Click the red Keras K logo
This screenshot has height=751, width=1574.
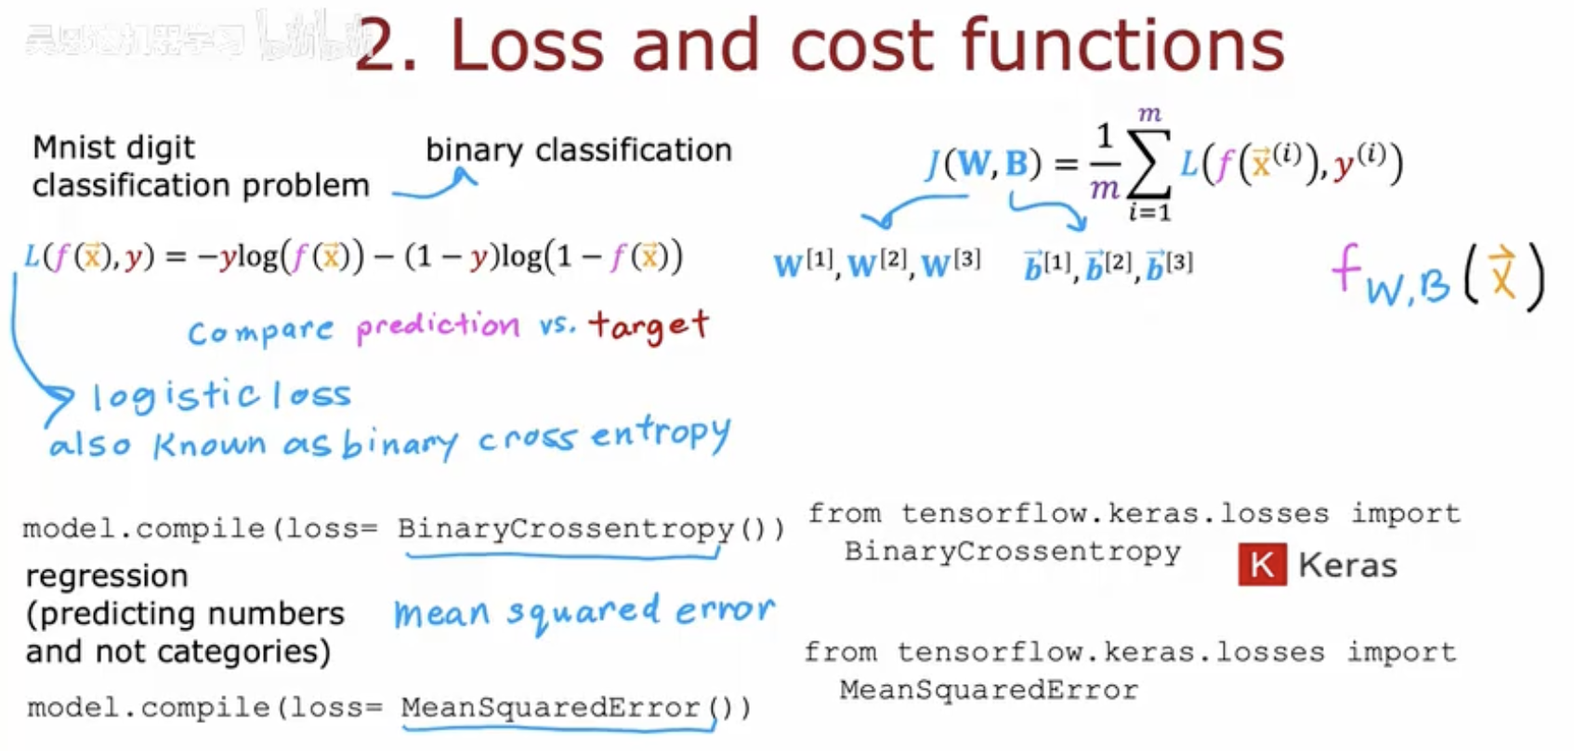(1262, 564)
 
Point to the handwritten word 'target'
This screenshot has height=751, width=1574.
(649, 325)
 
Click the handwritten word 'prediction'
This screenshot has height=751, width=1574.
(438, 326)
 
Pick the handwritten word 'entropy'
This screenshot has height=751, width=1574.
(661, 435)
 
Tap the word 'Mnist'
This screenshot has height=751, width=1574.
(74, 147)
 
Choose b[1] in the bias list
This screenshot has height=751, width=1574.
(1046, 266)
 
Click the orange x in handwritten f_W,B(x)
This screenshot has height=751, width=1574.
(1502, 273)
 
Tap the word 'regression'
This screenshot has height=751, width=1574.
(107, 576)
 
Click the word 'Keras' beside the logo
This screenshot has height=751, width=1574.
(1346, 565)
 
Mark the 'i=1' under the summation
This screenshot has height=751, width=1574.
(1149, 213)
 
